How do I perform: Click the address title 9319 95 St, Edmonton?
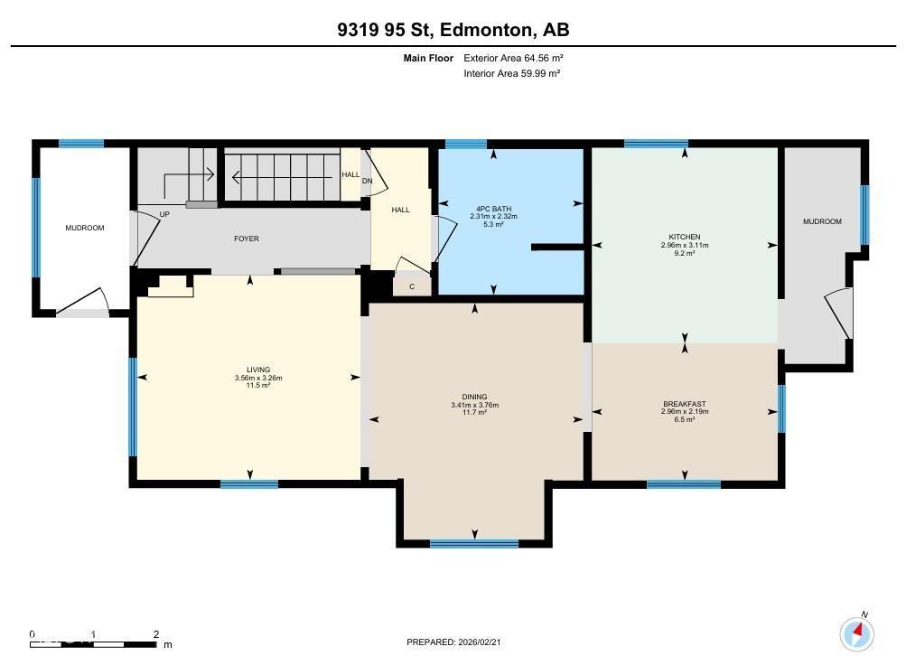(x=453, y=30)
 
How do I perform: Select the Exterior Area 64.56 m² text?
(x=513, y=58)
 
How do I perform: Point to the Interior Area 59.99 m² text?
(x=511, y=73)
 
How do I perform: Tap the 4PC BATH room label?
(x=493, y=210)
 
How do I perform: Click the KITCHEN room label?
(x=684, y=238)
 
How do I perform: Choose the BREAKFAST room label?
(x=684, y=404)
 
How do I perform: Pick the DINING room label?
(x=474, y=397)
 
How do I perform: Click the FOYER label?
(x=247, y=239)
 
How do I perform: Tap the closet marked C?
(x=412, y=286)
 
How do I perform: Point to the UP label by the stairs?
(x=164, y=214)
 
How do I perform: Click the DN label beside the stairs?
(x=367, y=181)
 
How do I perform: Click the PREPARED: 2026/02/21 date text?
(x=453, y=642)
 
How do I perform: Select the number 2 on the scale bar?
(x=156, y=634)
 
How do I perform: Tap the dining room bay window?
(x=474, y=543)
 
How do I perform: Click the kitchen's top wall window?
(x=656, y=143)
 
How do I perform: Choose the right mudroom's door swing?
(x=839, y=314)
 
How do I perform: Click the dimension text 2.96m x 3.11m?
(x=684, y=246)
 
